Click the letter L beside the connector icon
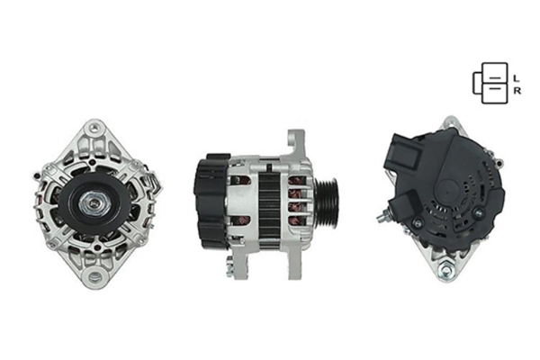click(516, 78)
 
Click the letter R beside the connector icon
click(517, 91)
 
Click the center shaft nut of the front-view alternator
click(94, 204)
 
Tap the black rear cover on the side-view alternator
click(211, 201)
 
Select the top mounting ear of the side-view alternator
click(295, 143)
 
